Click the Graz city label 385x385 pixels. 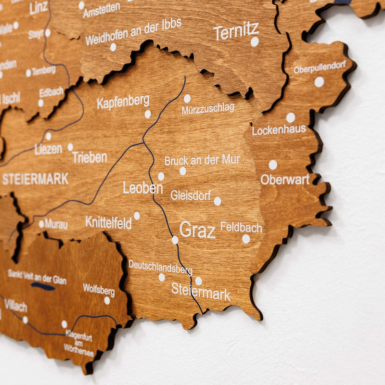click(197, 230)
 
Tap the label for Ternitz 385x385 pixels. click(236, 31)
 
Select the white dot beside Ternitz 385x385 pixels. click(255, 42)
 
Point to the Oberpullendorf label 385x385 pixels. click(320, 67)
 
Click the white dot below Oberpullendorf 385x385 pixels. click(319, 82)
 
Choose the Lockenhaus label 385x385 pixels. click(279, 130)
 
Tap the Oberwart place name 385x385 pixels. click(285, 180)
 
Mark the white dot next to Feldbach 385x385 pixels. click(246, 239)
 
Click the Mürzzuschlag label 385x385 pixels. click(208, 109)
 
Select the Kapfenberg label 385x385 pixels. click(123, 102)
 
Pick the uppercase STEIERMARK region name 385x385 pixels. click(35, 179)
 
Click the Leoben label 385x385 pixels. click(142, 188)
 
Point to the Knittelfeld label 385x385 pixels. click(108, 222)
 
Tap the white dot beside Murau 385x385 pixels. click(41, 224)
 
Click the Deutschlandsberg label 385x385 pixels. click(160, 267)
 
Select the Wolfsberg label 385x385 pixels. click(99, 290)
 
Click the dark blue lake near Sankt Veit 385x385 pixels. click(43, 286)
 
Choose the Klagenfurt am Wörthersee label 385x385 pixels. click(79, 343)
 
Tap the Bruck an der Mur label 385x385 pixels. click(202, 160)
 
